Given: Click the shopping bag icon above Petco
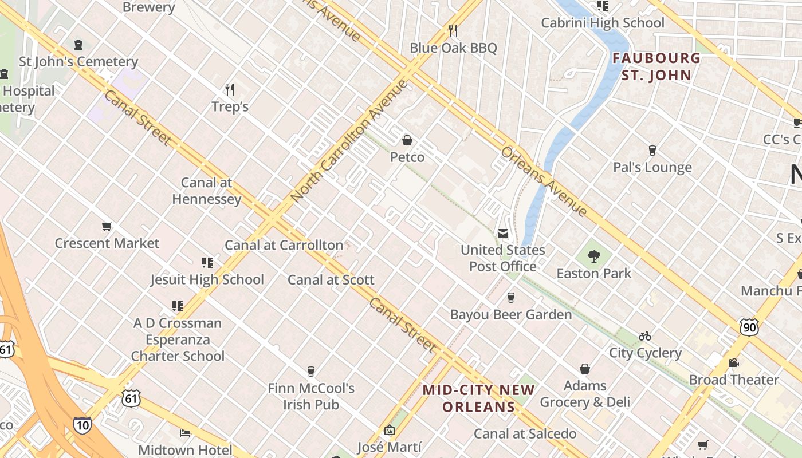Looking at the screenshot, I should (407, 140).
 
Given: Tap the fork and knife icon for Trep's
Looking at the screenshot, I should (230, 90).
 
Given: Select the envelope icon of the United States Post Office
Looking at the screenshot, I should (502, 234).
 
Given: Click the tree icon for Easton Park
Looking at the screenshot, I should (594, 256).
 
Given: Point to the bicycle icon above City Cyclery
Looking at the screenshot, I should (645, 336).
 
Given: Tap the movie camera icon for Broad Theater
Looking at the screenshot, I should (733, 363).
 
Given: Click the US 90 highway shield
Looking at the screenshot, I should (749, 327).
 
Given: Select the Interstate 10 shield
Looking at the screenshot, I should (82, 425).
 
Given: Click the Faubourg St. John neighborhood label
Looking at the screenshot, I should (656, 66).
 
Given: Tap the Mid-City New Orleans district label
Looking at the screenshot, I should (479, 398).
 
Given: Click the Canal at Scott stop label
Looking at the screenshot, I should (331, 280).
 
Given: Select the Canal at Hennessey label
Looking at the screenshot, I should (207, 191).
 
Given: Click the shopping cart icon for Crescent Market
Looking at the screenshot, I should (107, 227).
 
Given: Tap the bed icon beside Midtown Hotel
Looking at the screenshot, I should (185, 433).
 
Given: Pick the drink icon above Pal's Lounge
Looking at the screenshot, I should (652, 151).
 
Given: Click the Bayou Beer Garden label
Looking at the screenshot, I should (511, 314).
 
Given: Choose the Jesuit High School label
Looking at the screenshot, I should (207, 279).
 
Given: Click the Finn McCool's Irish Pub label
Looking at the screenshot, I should (311, 396).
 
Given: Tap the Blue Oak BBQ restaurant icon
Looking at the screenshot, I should (453, 30).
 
